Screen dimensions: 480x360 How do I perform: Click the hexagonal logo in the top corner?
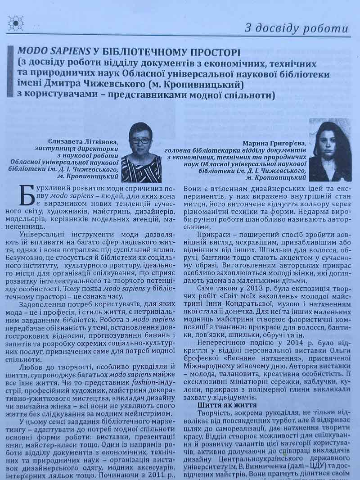(15, 23)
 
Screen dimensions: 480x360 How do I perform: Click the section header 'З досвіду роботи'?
(296, 28)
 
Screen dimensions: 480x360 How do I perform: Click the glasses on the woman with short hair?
(141, 140)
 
